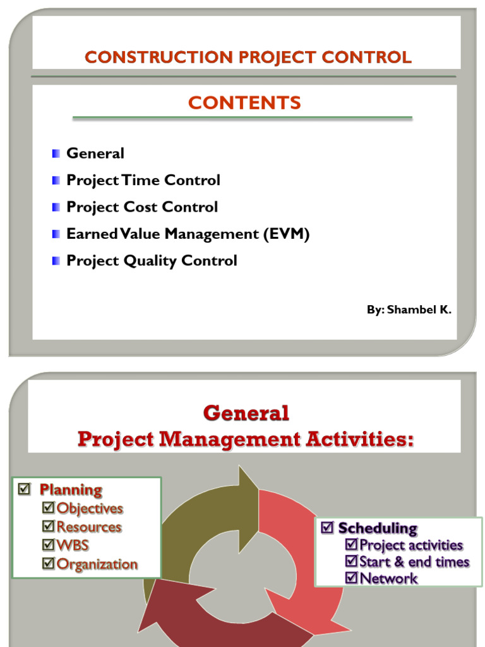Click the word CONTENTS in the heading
244,103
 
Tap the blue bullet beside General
56,154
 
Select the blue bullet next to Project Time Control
56,180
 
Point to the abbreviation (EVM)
287,234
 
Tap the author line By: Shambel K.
409,310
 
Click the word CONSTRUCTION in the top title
159,57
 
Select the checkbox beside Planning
25,489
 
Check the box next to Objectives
48,507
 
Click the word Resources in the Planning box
89,526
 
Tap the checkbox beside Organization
48,563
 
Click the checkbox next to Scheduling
327,527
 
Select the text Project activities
411,545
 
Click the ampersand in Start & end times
399,562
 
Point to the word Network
388,579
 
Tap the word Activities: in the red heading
359,438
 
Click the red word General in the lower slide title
246,413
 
